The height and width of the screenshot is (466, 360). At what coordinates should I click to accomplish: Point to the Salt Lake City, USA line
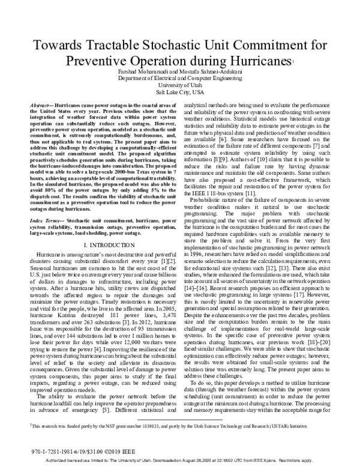(x=180, y=93)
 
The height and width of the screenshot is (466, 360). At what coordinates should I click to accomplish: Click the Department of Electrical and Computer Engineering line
(x=180, y=78)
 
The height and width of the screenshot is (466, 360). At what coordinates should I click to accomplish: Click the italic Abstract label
(x=42, y=105)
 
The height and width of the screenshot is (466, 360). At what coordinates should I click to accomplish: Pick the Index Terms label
(x=45, y=205)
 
